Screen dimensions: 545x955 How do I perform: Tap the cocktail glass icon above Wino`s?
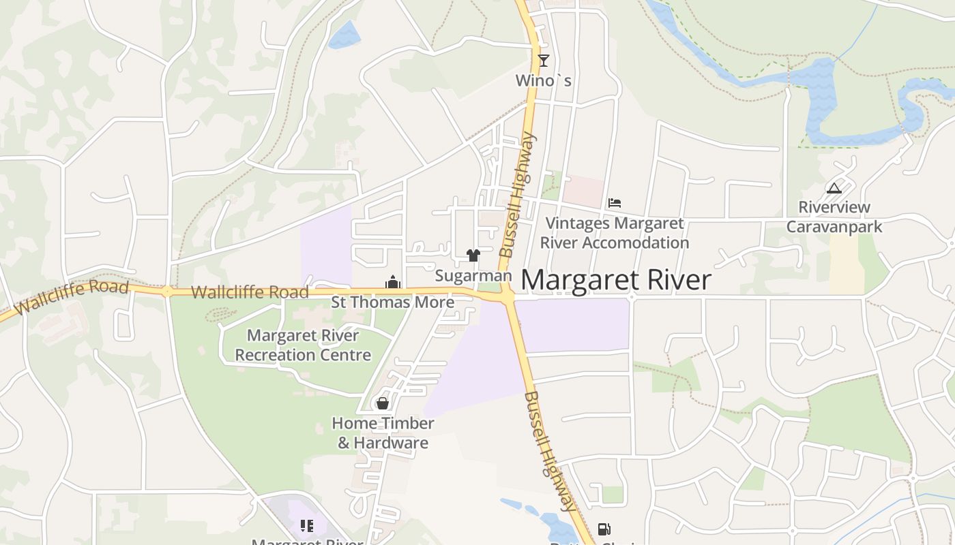pyautogui.click(x=543, y=60)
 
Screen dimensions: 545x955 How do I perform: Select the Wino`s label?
pyautogui.click(x=543, y=80)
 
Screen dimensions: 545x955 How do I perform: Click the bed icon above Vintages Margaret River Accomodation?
pyautogui.click(x=615, y=203)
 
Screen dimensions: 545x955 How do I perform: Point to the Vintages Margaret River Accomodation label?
pyautogui.click(x=614, y=233)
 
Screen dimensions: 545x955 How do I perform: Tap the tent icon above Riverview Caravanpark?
pyautogui.click(x=834, y=188)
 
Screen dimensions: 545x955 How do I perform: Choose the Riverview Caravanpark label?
pyautogui.click(x=834, y=217)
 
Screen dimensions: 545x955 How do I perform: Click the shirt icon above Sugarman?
pyautogui.click(x=473, y=255)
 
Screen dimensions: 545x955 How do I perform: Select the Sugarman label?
pyautogui.click(x=473, y=276)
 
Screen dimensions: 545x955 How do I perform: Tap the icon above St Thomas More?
pyautogui.click(x=392, y=281)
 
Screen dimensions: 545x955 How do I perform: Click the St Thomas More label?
pyautogui.click(x=392, y=302)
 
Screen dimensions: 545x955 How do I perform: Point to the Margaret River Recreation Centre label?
pyautogui.click(x=303, y=345)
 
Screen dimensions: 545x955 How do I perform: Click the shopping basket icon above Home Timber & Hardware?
pyautogui.click(x=383, y=403)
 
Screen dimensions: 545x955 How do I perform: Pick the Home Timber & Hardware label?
pyautogui.click(x=383, y=433)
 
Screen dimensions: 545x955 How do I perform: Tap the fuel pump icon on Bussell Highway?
pyautogui.click(x=604, y=529)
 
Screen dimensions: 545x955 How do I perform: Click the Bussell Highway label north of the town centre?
pyautogui.click(x=518, y=195)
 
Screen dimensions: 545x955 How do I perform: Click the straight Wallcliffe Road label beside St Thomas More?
pyautogui.click(x=250, y=292)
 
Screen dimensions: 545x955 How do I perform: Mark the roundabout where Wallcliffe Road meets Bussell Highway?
pyautogui.click(x=507, y=296)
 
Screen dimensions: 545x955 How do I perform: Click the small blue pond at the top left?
pyautogui.click(x=345, y=35)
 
